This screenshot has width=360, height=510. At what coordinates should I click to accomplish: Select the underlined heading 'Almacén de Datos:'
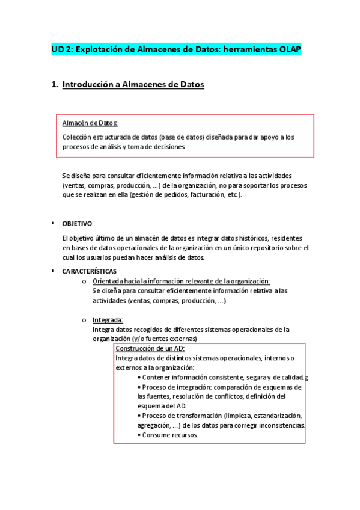click(90, 123)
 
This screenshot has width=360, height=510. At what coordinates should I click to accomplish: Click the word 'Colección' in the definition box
click(76, 137)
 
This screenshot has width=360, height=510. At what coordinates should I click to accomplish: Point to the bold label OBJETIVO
click(77, 223)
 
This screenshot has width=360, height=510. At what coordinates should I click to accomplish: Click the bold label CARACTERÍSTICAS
click(89, 271)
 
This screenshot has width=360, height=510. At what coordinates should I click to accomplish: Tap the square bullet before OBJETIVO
click(53, 223)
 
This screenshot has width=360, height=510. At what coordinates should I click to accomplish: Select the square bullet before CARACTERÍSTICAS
click(53, 271)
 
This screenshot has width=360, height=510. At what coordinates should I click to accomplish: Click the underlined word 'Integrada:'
click(108, 320)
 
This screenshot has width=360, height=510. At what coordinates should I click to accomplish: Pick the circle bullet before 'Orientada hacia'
click(84, 281)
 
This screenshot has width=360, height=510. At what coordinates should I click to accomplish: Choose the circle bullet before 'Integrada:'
click(84, 320)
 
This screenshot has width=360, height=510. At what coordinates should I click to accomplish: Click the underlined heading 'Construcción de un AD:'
click(150, 349)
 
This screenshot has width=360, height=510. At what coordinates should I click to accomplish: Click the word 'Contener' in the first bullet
click(156, 377)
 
